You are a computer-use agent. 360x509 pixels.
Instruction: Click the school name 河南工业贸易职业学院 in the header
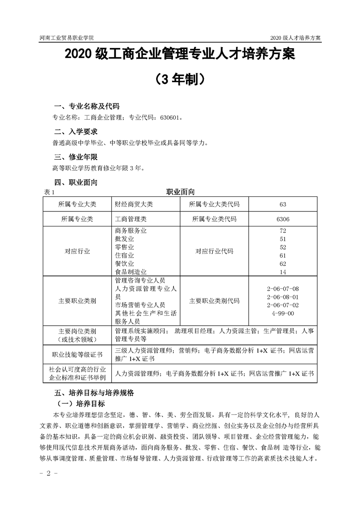(x=70, y=38)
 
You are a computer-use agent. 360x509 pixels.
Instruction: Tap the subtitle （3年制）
(x=179, y=80)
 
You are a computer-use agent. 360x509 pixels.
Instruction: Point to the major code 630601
(x=170, y=118)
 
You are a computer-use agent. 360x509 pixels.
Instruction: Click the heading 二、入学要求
(x=75, y=132)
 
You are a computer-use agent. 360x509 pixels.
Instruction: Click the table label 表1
(x=49, y=192)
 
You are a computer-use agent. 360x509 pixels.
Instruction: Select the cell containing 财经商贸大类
(x=134, y=204)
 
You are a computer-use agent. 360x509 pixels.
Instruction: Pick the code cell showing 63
(x=283, y=204)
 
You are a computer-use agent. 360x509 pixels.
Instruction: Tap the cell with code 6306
(x=283, y=219)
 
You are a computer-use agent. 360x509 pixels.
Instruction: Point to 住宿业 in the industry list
(x=125, y=255)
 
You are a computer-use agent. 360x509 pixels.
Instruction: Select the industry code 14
(x=283, y=272)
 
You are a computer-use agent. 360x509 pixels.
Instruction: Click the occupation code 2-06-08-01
(x=283, y=297)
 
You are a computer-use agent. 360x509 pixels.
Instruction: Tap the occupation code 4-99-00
(x=283, y=313)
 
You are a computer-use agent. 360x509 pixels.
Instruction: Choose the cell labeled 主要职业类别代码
(x=214, y=301)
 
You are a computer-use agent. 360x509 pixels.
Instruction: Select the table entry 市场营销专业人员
(x=140, y=304)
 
